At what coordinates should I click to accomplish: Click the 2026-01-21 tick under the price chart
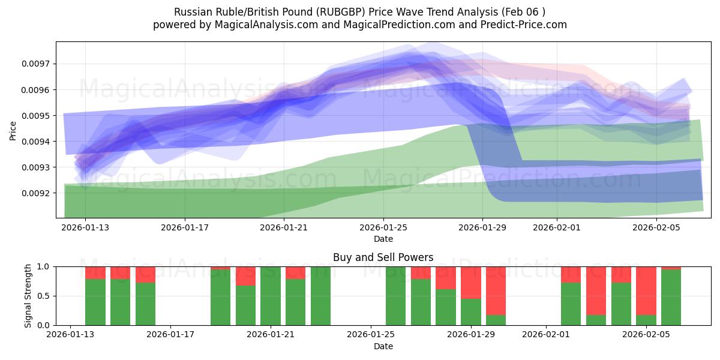tap(284, 227)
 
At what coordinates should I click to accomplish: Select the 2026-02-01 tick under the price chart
tap(557, 227)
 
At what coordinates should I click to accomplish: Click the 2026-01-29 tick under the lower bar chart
tap(471, 335)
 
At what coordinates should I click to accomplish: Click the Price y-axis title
tap(13, 130)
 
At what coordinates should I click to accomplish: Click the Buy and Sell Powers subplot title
tap(383, 257)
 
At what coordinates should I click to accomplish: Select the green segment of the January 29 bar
tap(471, 312)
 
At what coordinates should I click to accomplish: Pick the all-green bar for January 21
tap(271, 296)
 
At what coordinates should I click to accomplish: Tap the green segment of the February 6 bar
tap(671, 298)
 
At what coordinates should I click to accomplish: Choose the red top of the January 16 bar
tap(145, 274)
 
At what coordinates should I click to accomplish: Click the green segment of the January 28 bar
tap(446, 307)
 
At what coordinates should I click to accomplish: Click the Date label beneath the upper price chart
tap(383, 239)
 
